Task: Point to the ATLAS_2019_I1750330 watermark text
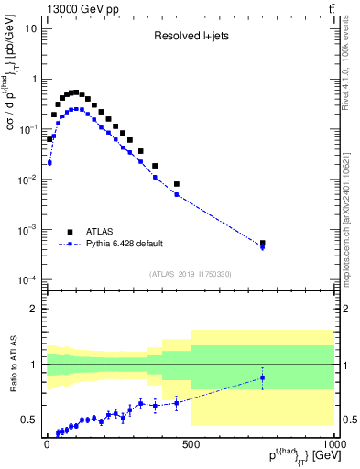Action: [x=191, y=274]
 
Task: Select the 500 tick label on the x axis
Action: [x=191, y=443]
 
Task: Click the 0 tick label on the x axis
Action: [x=47, y=443]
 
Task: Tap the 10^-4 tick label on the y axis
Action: [x=27, y=279]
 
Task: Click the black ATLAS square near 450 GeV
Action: [x=177, y=184]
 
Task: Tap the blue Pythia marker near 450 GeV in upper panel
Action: [x=177, y=194]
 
